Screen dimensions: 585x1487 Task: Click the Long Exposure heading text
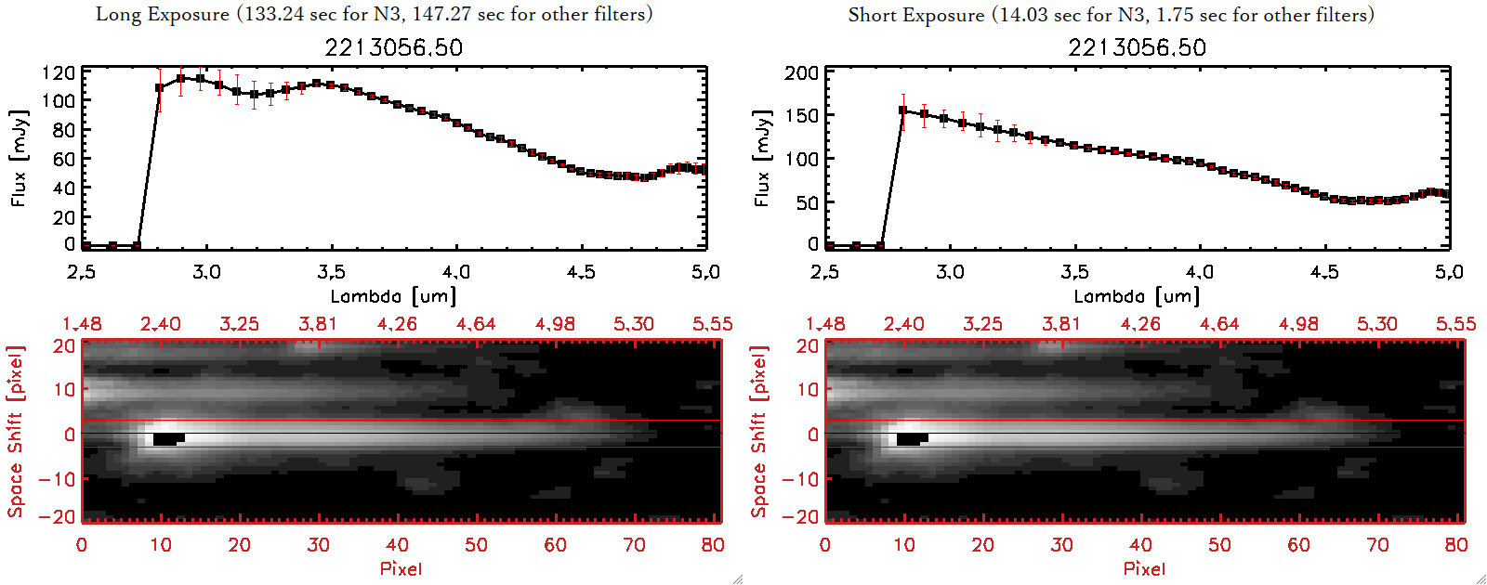(x=374, y=14)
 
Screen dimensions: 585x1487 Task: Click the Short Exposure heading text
(x=1111, y=15)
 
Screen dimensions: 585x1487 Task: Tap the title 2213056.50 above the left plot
(x=393, y=47)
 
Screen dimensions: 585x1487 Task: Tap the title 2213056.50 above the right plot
(x=1137, y=47)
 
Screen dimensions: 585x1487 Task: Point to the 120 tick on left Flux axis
(x=59, y=72)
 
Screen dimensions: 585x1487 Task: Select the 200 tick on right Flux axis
(x=801, y=72)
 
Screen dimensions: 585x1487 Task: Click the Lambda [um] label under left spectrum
(x=393, y=296)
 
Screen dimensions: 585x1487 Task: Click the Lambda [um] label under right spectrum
(x=1137, y=296)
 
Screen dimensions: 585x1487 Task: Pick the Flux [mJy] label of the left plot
(x=20, y=158)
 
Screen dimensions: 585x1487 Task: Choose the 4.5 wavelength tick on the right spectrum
(x=1324, y=272)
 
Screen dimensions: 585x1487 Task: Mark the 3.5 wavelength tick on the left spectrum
(x=331, y=272)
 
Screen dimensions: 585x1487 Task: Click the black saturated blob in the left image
(x=168, y=438)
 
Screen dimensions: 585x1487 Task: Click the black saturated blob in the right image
(x=912, y=438)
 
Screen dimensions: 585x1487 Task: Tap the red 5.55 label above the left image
(x=712, y=324)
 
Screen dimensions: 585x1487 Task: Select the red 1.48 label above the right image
(x=825, y=324)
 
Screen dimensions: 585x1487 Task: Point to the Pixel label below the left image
(x=401, y=568)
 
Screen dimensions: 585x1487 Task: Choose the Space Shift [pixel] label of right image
(x=759, y=431)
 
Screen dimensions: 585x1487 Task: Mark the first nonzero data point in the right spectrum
(x=902, y=110)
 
